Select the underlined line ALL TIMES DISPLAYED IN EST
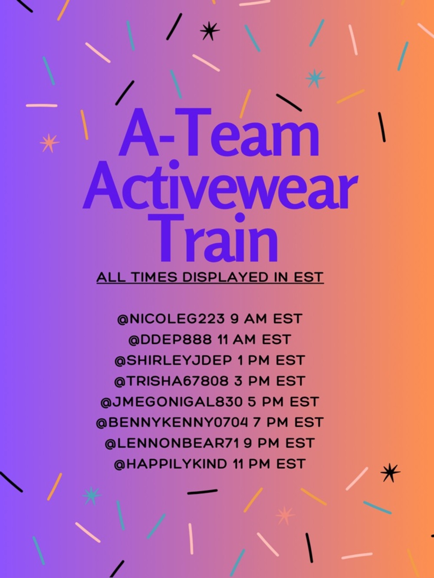210,277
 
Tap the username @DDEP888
170,340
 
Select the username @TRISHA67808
171,381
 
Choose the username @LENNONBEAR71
172,443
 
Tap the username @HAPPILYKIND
170,464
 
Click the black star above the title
210,31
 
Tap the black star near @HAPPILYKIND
390,473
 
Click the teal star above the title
315,78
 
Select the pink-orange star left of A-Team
49,143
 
